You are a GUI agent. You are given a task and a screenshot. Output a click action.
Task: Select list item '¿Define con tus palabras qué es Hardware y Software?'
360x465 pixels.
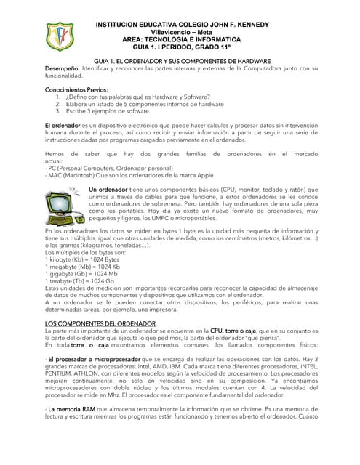click(138, 97)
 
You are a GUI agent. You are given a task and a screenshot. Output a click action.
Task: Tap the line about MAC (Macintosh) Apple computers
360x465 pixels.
click(129, 175)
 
